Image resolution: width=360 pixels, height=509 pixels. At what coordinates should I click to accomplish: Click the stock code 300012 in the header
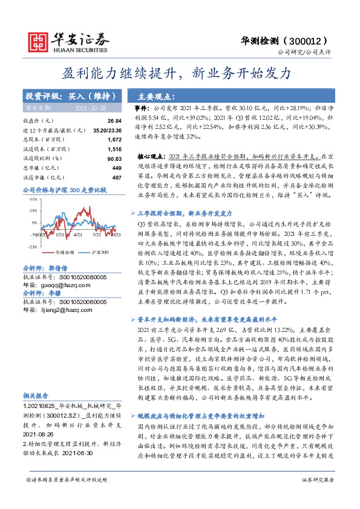(313, 41)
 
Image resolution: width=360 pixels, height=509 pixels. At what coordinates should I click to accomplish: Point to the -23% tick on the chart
(32, 247)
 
